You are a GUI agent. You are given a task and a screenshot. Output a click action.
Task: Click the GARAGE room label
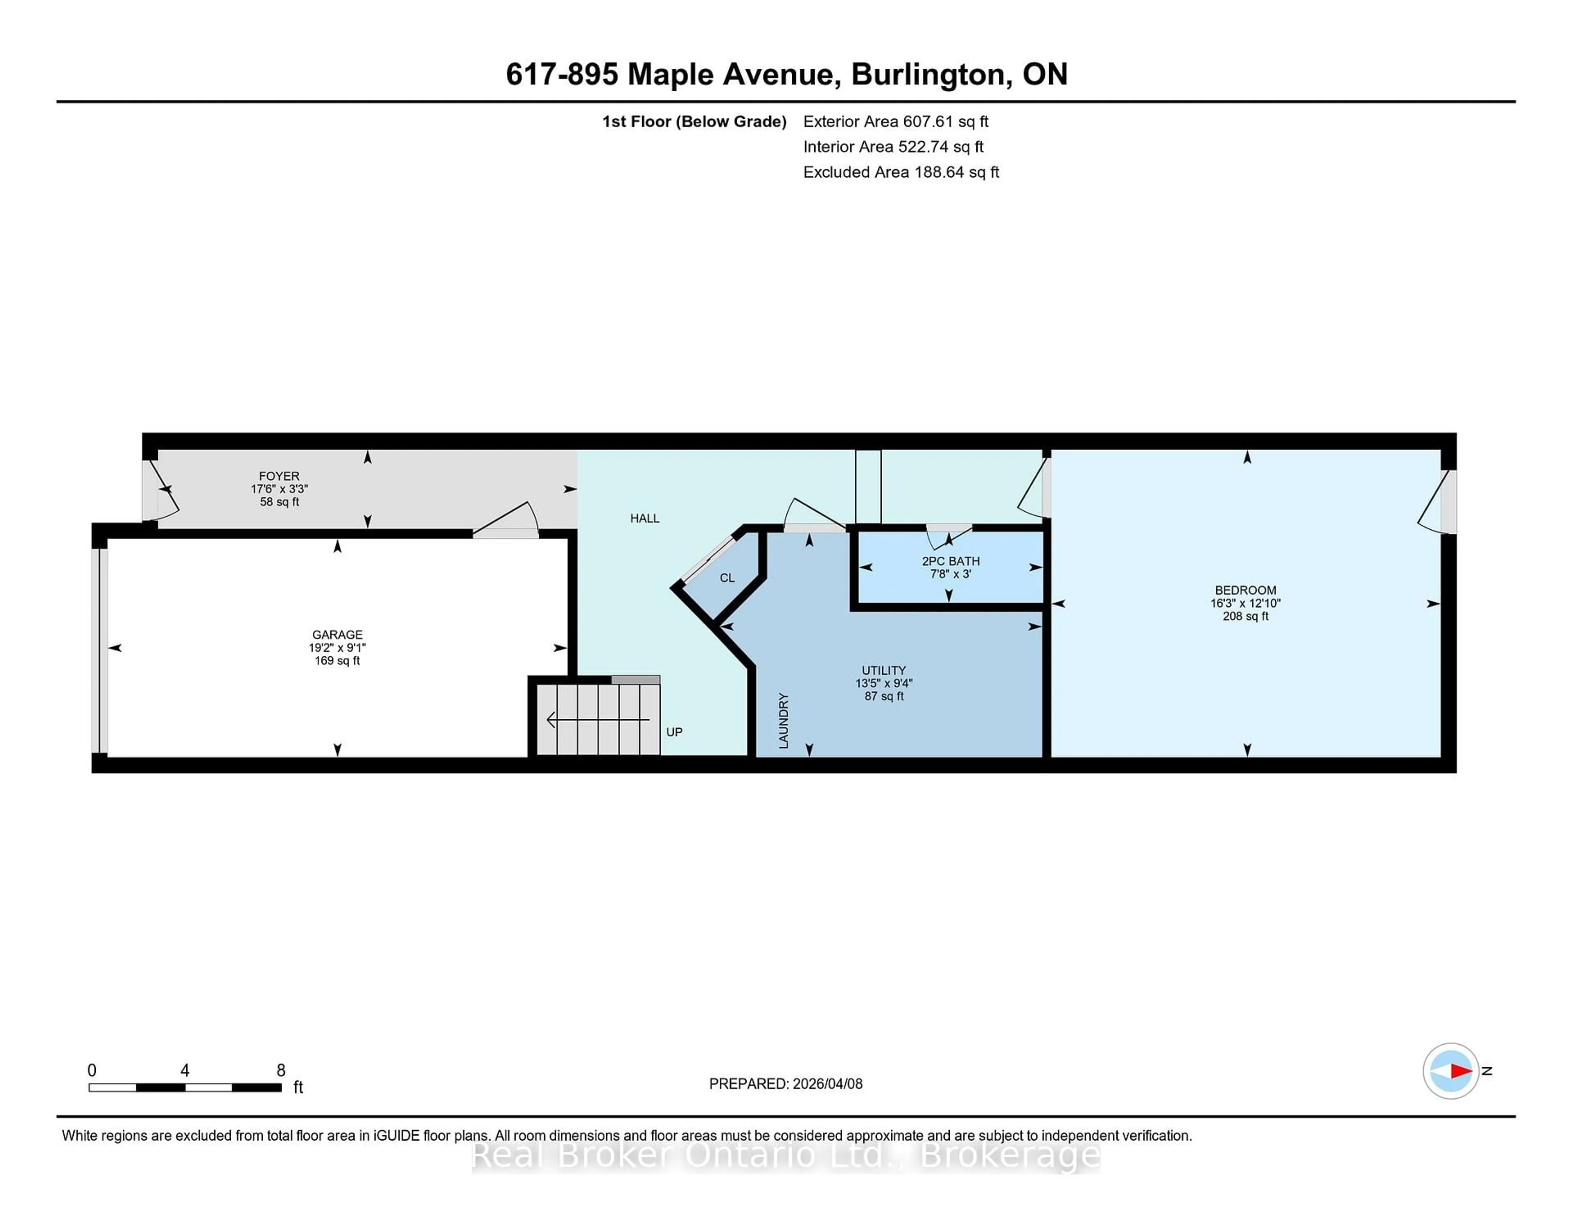(x=337, y=634)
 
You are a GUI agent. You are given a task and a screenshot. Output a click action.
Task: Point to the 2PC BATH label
(x=950, y=561)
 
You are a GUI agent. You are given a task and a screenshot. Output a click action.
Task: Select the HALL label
(x=645, y=518)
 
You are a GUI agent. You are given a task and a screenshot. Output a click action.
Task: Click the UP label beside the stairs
(x=674, y=732)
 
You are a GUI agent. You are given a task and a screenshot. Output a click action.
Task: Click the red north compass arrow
(x=1460, y=1071)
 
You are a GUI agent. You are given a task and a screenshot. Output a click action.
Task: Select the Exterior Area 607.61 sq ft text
(x=895, y=122)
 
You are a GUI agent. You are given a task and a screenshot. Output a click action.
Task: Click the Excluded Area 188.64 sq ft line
(x=901, y=172)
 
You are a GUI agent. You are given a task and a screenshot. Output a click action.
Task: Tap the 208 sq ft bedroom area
(x=1245, y=616)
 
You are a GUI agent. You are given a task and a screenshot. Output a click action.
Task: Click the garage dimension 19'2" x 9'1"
(x=337, y=647)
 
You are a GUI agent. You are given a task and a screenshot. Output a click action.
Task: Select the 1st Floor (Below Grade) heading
(x=694, y=122)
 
